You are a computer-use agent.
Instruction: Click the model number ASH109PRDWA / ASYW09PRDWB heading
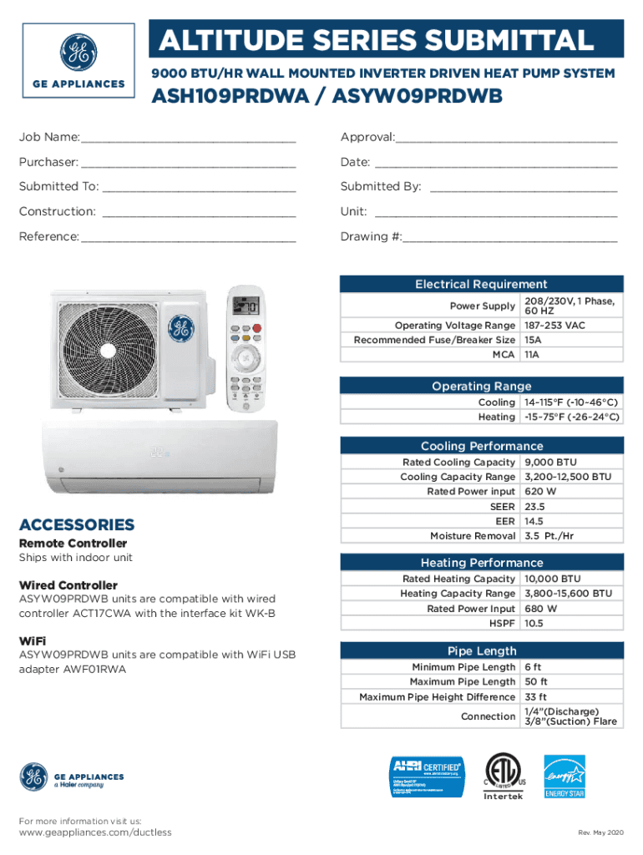[327, 98]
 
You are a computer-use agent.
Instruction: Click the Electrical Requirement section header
[481, 284]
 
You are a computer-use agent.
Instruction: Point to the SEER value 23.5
[534, 506]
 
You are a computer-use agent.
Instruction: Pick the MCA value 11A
[531, 355]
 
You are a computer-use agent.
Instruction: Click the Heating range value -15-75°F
[571, 416]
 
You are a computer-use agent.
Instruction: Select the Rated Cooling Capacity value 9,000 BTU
[550, 462]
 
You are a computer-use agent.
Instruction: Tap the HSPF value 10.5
[534, 623]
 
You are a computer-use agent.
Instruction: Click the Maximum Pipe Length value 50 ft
[536, 681]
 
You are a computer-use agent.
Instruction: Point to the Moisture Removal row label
[472, 535]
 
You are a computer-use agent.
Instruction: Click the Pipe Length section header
[481, 650]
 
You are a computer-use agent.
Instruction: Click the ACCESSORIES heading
[76, 524]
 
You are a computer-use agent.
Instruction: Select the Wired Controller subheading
[68, 584]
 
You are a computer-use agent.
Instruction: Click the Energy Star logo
[565, 777]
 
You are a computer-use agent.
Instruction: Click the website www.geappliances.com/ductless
[95, 832]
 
